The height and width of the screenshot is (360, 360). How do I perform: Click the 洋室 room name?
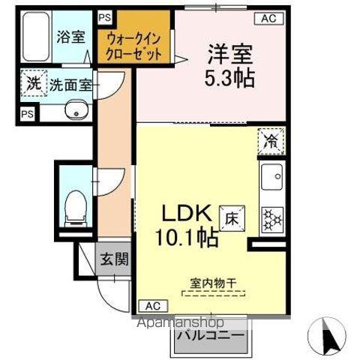pyautogui.click(x=229, y=54)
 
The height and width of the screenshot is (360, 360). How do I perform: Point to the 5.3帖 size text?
pyautogui.click(x=229, y=78)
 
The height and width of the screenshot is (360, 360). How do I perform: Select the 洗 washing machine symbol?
pyautogui.click(x=33, y=83)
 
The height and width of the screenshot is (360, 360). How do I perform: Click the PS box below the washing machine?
pyautogui.click(x=27, y=114)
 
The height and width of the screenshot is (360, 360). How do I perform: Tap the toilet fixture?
pyautogui.click(x=75, y=205)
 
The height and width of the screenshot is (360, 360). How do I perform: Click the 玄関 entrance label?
pyautogui.click(x=115, y=260)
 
